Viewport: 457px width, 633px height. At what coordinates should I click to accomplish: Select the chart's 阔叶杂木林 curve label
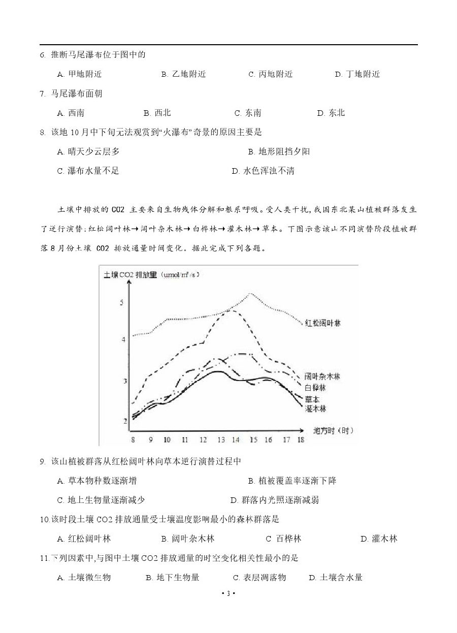[x=322, y=376]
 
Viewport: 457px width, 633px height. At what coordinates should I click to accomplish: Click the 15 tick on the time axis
[x=253, y=439]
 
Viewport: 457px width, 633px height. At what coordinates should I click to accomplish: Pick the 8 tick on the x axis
[x=133, y=439]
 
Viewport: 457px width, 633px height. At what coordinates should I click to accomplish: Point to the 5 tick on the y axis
[x=121, y=303]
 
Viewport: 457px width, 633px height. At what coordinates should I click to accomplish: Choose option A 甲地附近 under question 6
[x=80, y=74]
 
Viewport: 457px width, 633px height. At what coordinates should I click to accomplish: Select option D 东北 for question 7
[x=331, y=113]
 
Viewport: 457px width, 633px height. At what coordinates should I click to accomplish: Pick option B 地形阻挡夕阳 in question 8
[x=279, y=151]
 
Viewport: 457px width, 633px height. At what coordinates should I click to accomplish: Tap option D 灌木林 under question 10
[x=379, y=539]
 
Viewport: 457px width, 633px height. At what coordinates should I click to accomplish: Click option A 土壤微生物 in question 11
[x=84, y=577]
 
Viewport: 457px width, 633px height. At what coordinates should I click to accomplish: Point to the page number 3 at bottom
[x=228, y=594]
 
